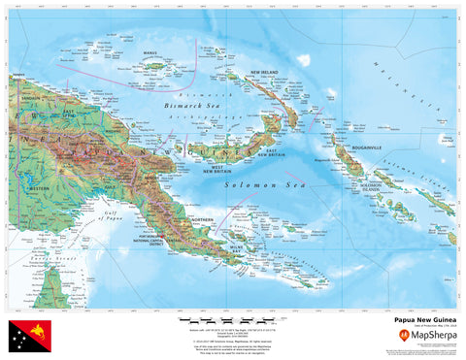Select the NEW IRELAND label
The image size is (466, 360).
tap(268, 73)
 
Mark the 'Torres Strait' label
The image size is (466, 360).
tap(44, 260)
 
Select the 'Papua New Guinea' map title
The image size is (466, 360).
tap(423, 317)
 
